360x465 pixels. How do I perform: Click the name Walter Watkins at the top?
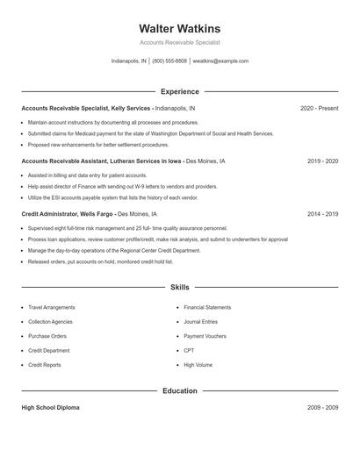[179, 28]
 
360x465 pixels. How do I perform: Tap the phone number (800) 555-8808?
[169, 61]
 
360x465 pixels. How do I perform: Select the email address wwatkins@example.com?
[220, 61]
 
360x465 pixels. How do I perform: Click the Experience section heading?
[179, 91]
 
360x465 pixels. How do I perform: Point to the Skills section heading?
[179, 287]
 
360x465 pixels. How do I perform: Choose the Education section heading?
[179, 390]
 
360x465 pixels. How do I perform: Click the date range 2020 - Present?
[319, 108]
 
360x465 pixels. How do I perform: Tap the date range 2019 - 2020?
[322, 161]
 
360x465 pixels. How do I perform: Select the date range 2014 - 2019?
[322, 214]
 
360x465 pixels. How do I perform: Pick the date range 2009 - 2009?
[322, 408]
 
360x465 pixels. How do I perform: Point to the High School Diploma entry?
[50, 408]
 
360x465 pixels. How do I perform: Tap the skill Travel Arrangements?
[51, 308]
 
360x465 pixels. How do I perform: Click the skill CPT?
[189, 350]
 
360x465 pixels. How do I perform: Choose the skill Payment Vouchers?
[205, 336]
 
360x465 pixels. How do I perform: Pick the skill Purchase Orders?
[47, 336]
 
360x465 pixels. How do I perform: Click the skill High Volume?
[198, 365]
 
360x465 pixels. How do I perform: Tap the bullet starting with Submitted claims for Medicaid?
[150, 133]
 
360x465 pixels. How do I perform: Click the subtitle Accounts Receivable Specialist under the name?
[179, 42]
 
